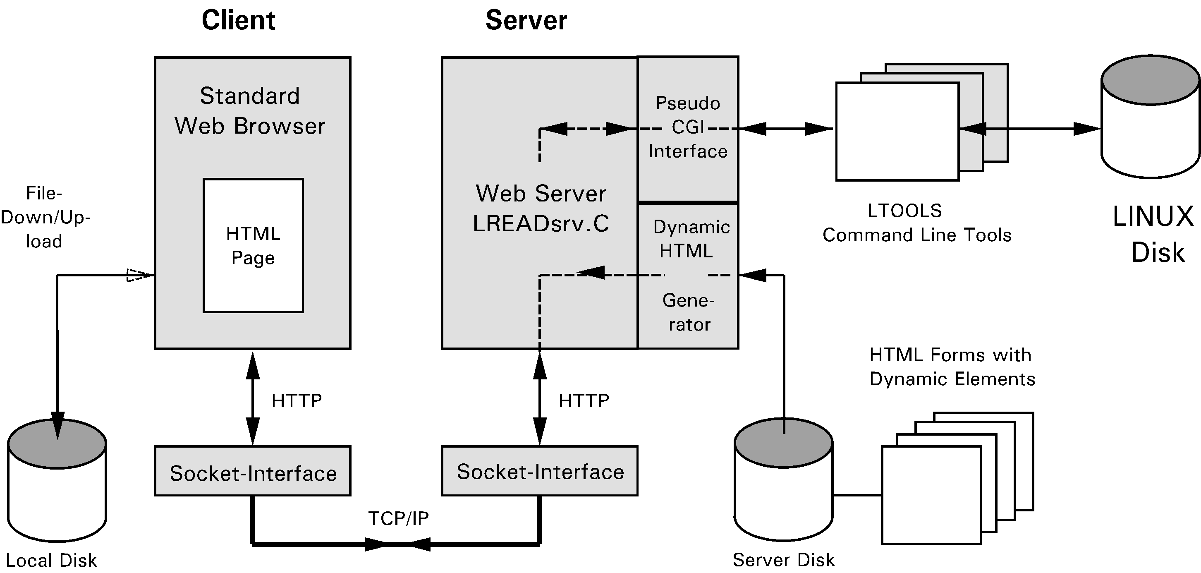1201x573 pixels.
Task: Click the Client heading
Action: [238, 21]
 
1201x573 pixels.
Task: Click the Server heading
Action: [526, 21]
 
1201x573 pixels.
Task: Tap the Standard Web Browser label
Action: [250, 111]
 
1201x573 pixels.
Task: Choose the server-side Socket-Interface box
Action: [539, 471]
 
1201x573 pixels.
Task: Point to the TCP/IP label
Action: [398, 518]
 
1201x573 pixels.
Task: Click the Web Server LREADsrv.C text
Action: [541, 209]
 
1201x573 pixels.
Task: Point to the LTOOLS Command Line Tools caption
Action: [916, 223]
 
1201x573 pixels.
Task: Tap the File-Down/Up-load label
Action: [44, 217]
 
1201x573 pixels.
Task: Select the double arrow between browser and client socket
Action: [253, 399]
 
